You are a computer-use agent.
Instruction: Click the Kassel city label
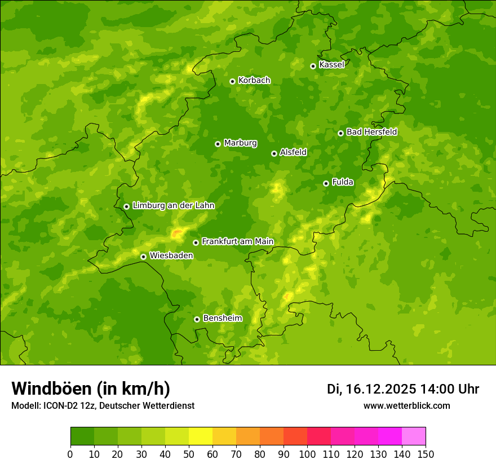pyautogui.click(x=331, y=65)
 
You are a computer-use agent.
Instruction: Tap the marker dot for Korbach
pyautogui.click(x=232, y=81)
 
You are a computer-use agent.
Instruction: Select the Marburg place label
pyautogui.click(x=240, y=143)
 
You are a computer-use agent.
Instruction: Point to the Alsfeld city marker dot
pyautogui.click(x=274, y=153)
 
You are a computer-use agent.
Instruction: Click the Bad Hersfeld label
pyautogui.click(x=371, y=132)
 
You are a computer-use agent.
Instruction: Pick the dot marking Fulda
pyautogui.click(x=326, y=183)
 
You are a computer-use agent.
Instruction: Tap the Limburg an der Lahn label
pyautogui.click(x=173, y=206)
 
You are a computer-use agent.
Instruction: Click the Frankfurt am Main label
pyautogui.click(x=237, y=241)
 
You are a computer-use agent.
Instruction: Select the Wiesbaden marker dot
pyautogui.click(x=143, y=257)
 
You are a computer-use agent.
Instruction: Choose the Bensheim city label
pyautogui.click(x=222, y=318)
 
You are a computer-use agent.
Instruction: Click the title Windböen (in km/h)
pyautogui.click(x=91, y=388)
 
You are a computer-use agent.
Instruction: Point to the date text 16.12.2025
pyautogui.click(x=381, y=389)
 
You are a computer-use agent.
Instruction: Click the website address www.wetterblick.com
pyautogui.click(x=406, y=405)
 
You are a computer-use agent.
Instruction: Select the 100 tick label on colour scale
pyautogui.click(x=307, y=454)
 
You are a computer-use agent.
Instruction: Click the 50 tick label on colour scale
pyautogui.click(x=189, y=454)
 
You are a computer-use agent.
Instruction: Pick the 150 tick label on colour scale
pyautogui.click(x=426, y=454)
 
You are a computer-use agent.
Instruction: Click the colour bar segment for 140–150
pyautogui.click(x=414, y=436)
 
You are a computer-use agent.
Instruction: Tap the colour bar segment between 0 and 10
pyautogui.click(x=82, y=436)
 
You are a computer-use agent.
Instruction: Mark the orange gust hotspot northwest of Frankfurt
pyautogui.click(x=177, y=232)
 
